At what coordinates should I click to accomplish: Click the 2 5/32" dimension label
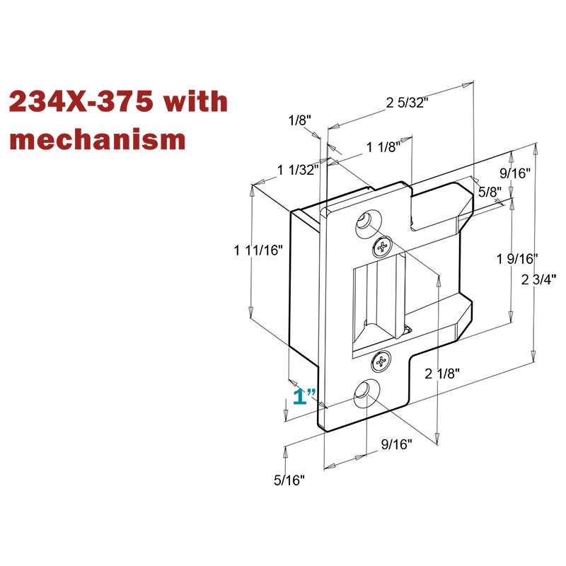(408, 103)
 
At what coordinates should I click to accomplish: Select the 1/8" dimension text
(300, 120)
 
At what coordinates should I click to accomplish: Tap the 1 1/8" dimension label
(383, 147)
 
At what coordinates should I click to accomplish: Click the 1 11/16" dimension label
(258, 250)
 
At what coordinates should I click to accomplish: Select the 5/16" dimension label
(289, 480)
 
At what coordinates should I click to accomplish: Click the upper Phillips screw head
(381, 246)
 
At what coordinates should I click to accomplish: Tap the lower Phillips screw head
(381, 361)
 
